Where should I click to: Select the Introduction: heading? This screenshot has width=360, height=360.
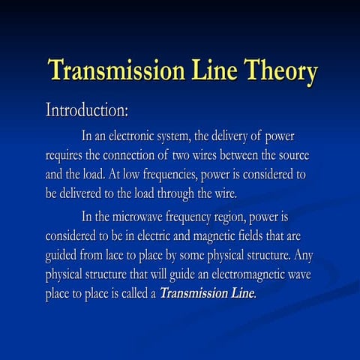(88, 110)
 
